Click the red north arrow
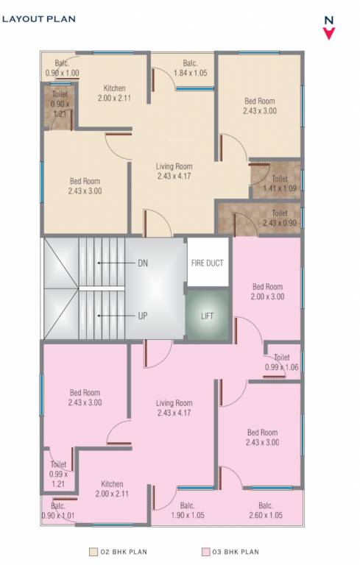click(x=329, y=32)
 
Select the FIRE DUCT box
click(x=207, y=263)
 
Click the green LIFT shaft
click(x=207, y=316)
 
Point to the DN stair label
click(x=142, y=263)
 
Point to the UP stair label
click(x=142, y=316)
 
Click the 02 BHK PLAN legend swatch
click(x=93, y=551)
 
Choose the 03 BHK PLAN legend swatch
click(x=205, y=551)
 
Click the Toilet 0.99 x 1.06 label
click(x=280, y=363)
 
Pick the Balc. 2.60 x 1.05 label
click(x=266, y=510)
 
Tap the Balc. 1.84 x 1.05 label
click(x=191, y=68)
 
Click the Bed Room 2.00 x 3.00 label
click(x=267, y=291)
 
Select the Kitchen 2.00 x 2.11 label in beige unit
click(x=114, y=93)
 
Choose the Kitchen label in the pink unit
click(x=112, y=488)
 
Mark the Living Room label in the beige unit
click(x=174, y=171)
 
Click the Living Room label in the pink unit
click(x=174, y=408)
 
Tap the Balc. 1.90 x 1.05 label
click(x=187, y=510)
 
